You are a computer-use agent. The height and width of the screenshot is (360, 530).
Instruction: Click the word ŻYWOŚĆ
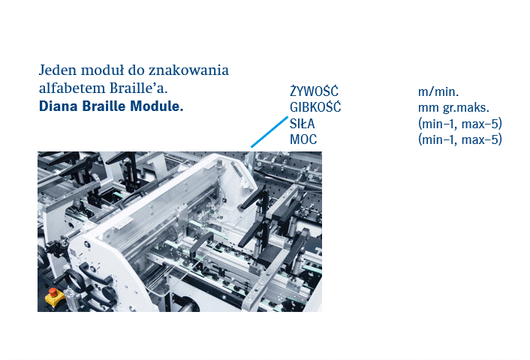click(314, 91)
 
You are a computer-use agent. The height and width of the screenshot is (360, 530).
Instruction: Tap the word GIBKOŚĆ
click(315, 107)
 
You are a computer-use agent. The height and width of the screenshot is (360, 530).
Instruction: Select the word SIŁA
click(303, 124)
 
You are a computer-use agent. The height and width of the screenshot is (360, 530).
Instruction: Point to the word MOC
click(303, 139)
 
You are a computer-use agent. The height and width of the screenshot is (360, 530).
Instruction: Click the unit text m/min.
click(438, 91)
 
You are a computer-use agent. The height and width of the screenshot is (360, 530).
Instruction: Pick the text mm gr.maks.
click(453, 108)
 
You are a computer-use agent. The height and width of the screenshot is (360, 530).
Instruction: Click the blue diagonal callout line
click(269, 132)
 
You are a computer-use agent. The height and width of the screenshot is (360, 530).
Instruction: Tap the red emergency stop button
click(53, 292)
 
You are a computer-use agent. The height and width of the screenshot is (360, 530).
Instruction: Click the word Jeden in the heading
click(58, 70)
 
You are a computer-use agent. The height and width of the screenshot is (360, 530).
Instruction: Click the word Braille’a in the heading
click(139, 88)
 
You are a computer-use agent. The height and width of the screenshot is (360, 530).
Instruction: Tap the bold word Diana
click(59, 106)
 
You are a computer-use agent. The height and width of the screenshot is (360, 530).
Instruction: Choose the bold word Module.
click(156, 106)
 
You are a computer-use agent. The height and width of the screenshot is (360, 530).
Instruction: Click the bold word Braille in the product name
click(104, 106)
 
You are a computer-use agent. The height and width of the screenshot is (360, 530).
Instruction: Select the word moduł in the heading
click(102, 70)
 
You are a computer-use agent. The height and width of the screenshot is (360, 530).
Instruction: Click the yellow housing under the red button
click(54, 299)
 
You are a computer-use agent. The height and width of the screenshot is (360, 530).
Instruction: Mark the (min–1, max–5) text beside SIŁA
click(460, 124)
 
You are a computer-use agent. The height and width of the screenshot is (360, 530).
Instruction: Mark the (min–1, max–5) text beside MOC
click(460, 139)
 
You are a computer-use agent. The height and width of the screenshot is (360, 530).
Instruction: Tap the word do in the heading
click(136, 70)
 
